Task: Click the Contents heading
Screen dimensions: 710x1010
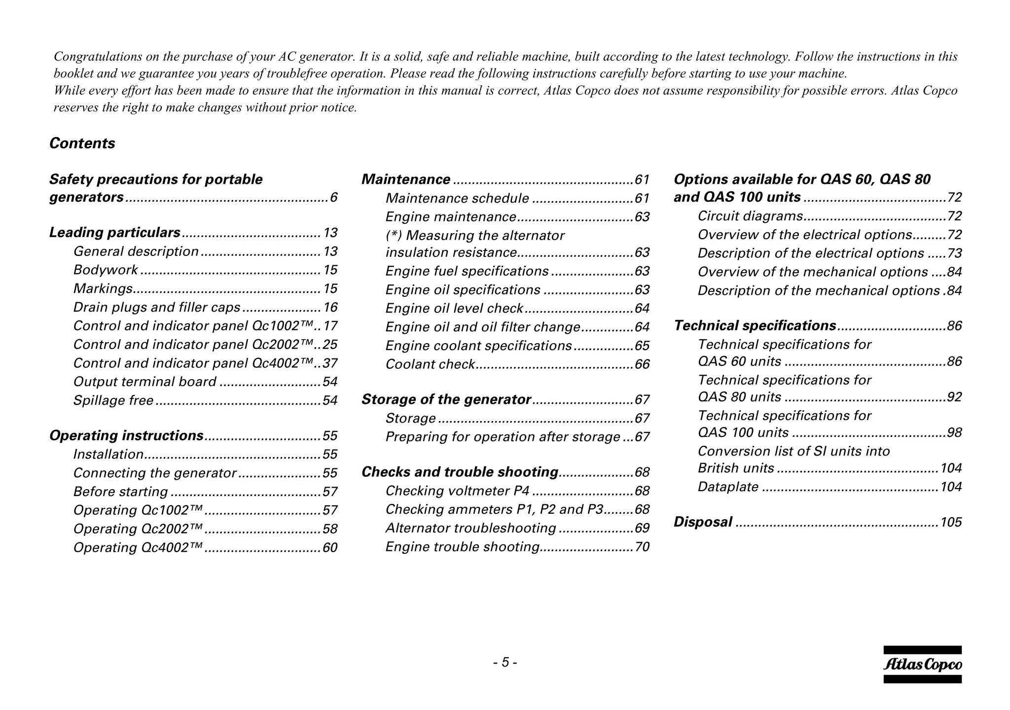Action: (x=82, y=143)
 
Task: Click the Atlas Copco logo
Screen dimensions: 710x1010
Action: (x=922, y=665)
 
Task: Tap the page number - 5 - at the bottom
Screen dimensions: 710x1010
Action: (x=505, y=662)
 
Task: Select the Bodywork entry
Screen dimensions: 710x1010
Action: (x=106, y=270)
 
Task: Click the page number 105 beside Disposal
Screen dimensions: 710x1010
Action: (x=951, y=522)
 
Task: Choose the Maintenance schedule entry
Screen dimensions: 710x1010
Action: (x=457, y=198)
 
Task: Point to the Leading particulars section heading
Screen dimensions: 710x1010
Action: (x=115, y=233)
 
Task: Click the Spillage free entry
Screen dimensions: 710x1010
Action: (x=113, y=400)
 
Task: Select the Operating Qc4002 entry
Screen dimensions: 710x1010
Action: (x=138, y=548)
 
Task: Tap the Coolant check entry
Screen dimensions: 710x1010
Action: (x=430, y=364)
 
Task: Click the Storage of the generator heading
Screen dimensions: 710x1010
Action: (x=446, y=399)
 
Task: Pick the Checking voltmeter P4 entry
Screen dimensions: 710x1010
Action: (x=457, y=491)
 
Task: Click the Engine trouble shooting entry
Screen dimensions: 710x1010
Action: (x=463, y=547)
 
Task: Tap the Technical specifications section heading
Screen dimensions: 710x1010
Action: (x=755, y=326)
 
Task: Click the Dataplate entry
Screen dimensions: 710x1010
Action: (x=728, y=487)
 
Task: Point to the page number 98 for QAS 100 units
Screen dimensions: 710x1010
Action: (x=954, y=433)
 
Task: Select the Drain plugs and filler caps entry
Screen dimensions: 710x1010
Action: (x=157, y=308)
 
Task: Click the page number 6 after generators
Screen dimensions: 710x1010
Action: (x=334, y=198)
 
